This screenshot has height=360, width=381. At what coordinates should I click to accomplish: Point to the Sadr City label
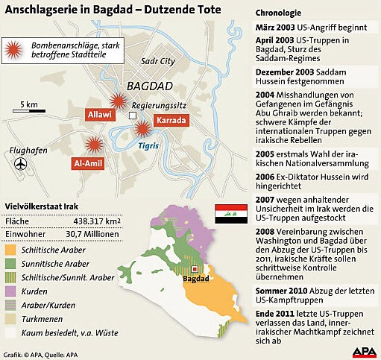157,61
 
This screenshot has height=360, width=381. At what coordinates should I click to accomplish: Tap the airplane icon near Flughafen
20,163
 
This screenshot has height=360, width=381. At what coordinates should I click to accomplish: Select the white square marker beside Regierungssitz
133,116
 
